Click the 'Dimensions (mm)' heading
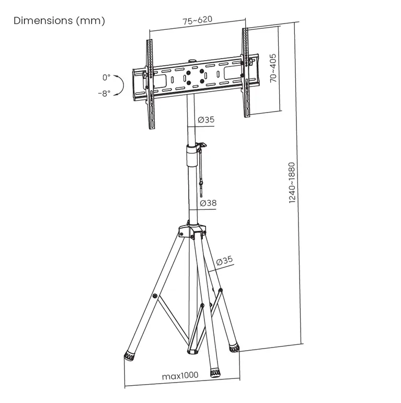(59, 20)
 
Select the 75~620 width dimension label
(198, 20)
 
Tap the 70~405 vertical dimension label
(273, 68)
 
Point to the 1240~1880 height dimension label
(292, 183)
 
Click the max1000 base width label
(180, 375)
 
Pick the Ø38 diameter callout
(208, 203)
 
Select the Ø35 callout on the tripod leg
(224, 261)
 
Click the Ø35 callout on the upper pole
(206, 119)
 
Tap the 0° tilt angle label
(106, 77)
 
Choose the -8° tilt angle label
(104, 93)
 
